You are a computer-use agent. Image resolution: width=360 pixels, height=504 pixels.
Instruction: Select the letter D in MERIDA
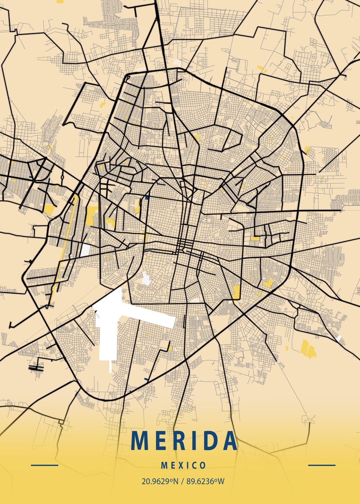[212, 440]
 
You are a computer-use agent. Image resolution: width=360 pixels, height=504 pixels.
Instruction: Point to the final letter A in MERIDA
[229, 440]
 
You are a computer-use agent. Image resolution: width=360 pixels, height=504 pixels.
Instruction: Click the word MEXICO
[184, 465]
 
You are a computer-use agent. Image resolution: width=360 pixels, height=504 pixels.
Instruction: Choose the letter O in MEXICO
[203, 465]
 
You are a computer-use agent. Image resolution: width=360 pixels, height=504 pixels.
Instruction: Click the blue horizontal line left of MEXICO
[45, 465]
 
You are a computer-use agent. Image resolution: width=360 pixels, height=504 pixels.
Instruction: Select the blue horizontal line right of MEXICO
[322, 465]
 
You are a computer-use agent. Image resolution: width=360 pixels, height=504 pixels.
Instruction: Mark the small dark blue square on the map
[147, 197]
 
